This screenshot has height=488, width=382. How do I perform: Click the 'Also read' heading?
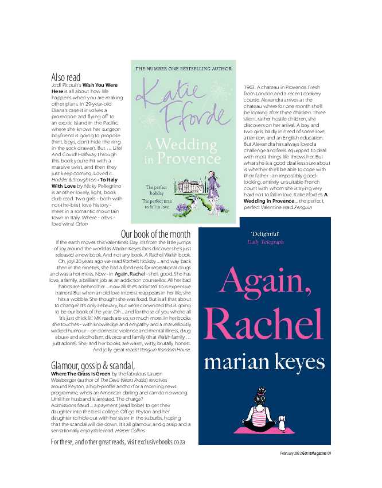point(66,77)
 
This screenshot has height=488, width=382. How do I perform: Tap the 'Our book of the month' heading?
point(155,234)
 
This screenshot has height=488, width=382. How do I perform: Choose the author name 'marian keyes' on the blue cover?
point(264,362)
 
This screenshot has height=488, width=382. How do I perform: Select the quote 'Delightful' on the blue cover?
point(265,234)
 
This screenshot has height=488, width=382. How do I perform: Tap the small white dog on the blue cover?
point(281,421)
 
